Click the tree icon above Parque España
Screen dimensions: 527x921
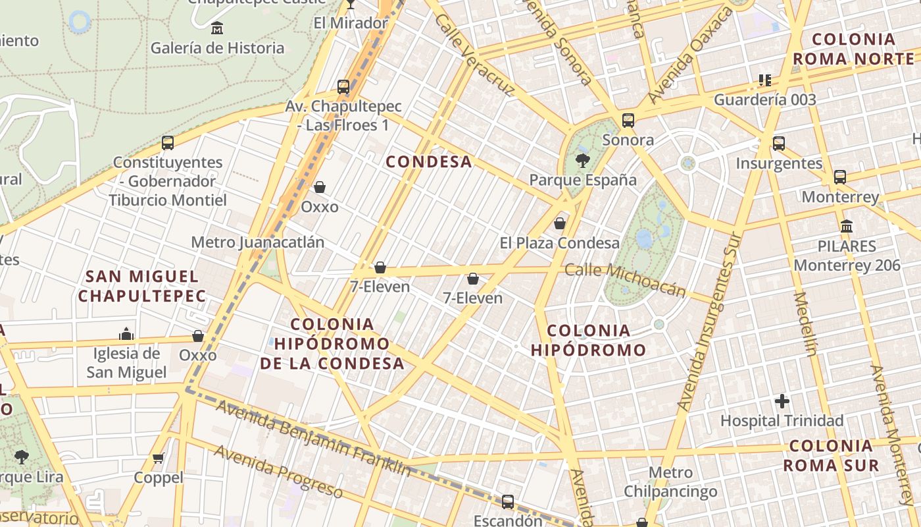[x=582, y=159]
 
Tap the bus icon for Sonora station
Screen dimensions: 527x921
[x=628, y=121]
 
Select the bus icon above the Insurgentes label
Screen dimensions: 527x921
[x=779, y=144]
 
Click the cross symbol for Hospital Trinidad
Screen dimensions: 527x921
[x=782, y=401]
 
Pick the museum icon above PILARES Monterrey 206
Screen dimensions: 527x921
[x=847, y=227]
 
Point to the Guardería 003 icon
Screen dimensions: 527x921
[x=764, y=80]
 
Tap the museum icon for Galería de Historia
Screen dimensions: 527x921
[x=217, y=28]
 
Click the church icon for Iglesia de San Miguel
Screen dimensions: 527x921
[x=126, y=334]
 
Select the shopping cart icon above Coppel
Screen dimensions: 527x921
[x=158, y=458]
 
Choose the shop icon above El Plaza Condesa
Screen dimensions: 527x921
[x=560, y=223]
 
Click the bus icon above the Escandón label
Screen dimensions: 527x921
[x=508, y=501]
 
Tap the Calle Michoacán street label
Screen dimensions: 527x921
[x=625, y=279]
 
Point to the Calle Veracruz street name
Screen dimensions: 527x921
[x=473, y=55]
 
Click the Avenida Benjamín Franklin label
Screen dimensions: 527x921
[x=313, y=437]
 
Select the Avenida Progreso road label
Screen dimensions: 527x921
[x=278, y=472]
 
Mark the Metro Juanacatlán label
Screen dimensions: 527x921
[x=257, y=242]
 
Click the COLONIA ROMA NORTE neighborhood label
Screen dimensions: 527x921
[x=853, y=49]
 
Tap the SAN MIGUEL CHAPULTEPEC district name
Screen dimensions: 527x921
[x=142, y=286]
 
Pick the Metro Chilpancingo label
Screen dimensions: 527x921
[x=670, y=482]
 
